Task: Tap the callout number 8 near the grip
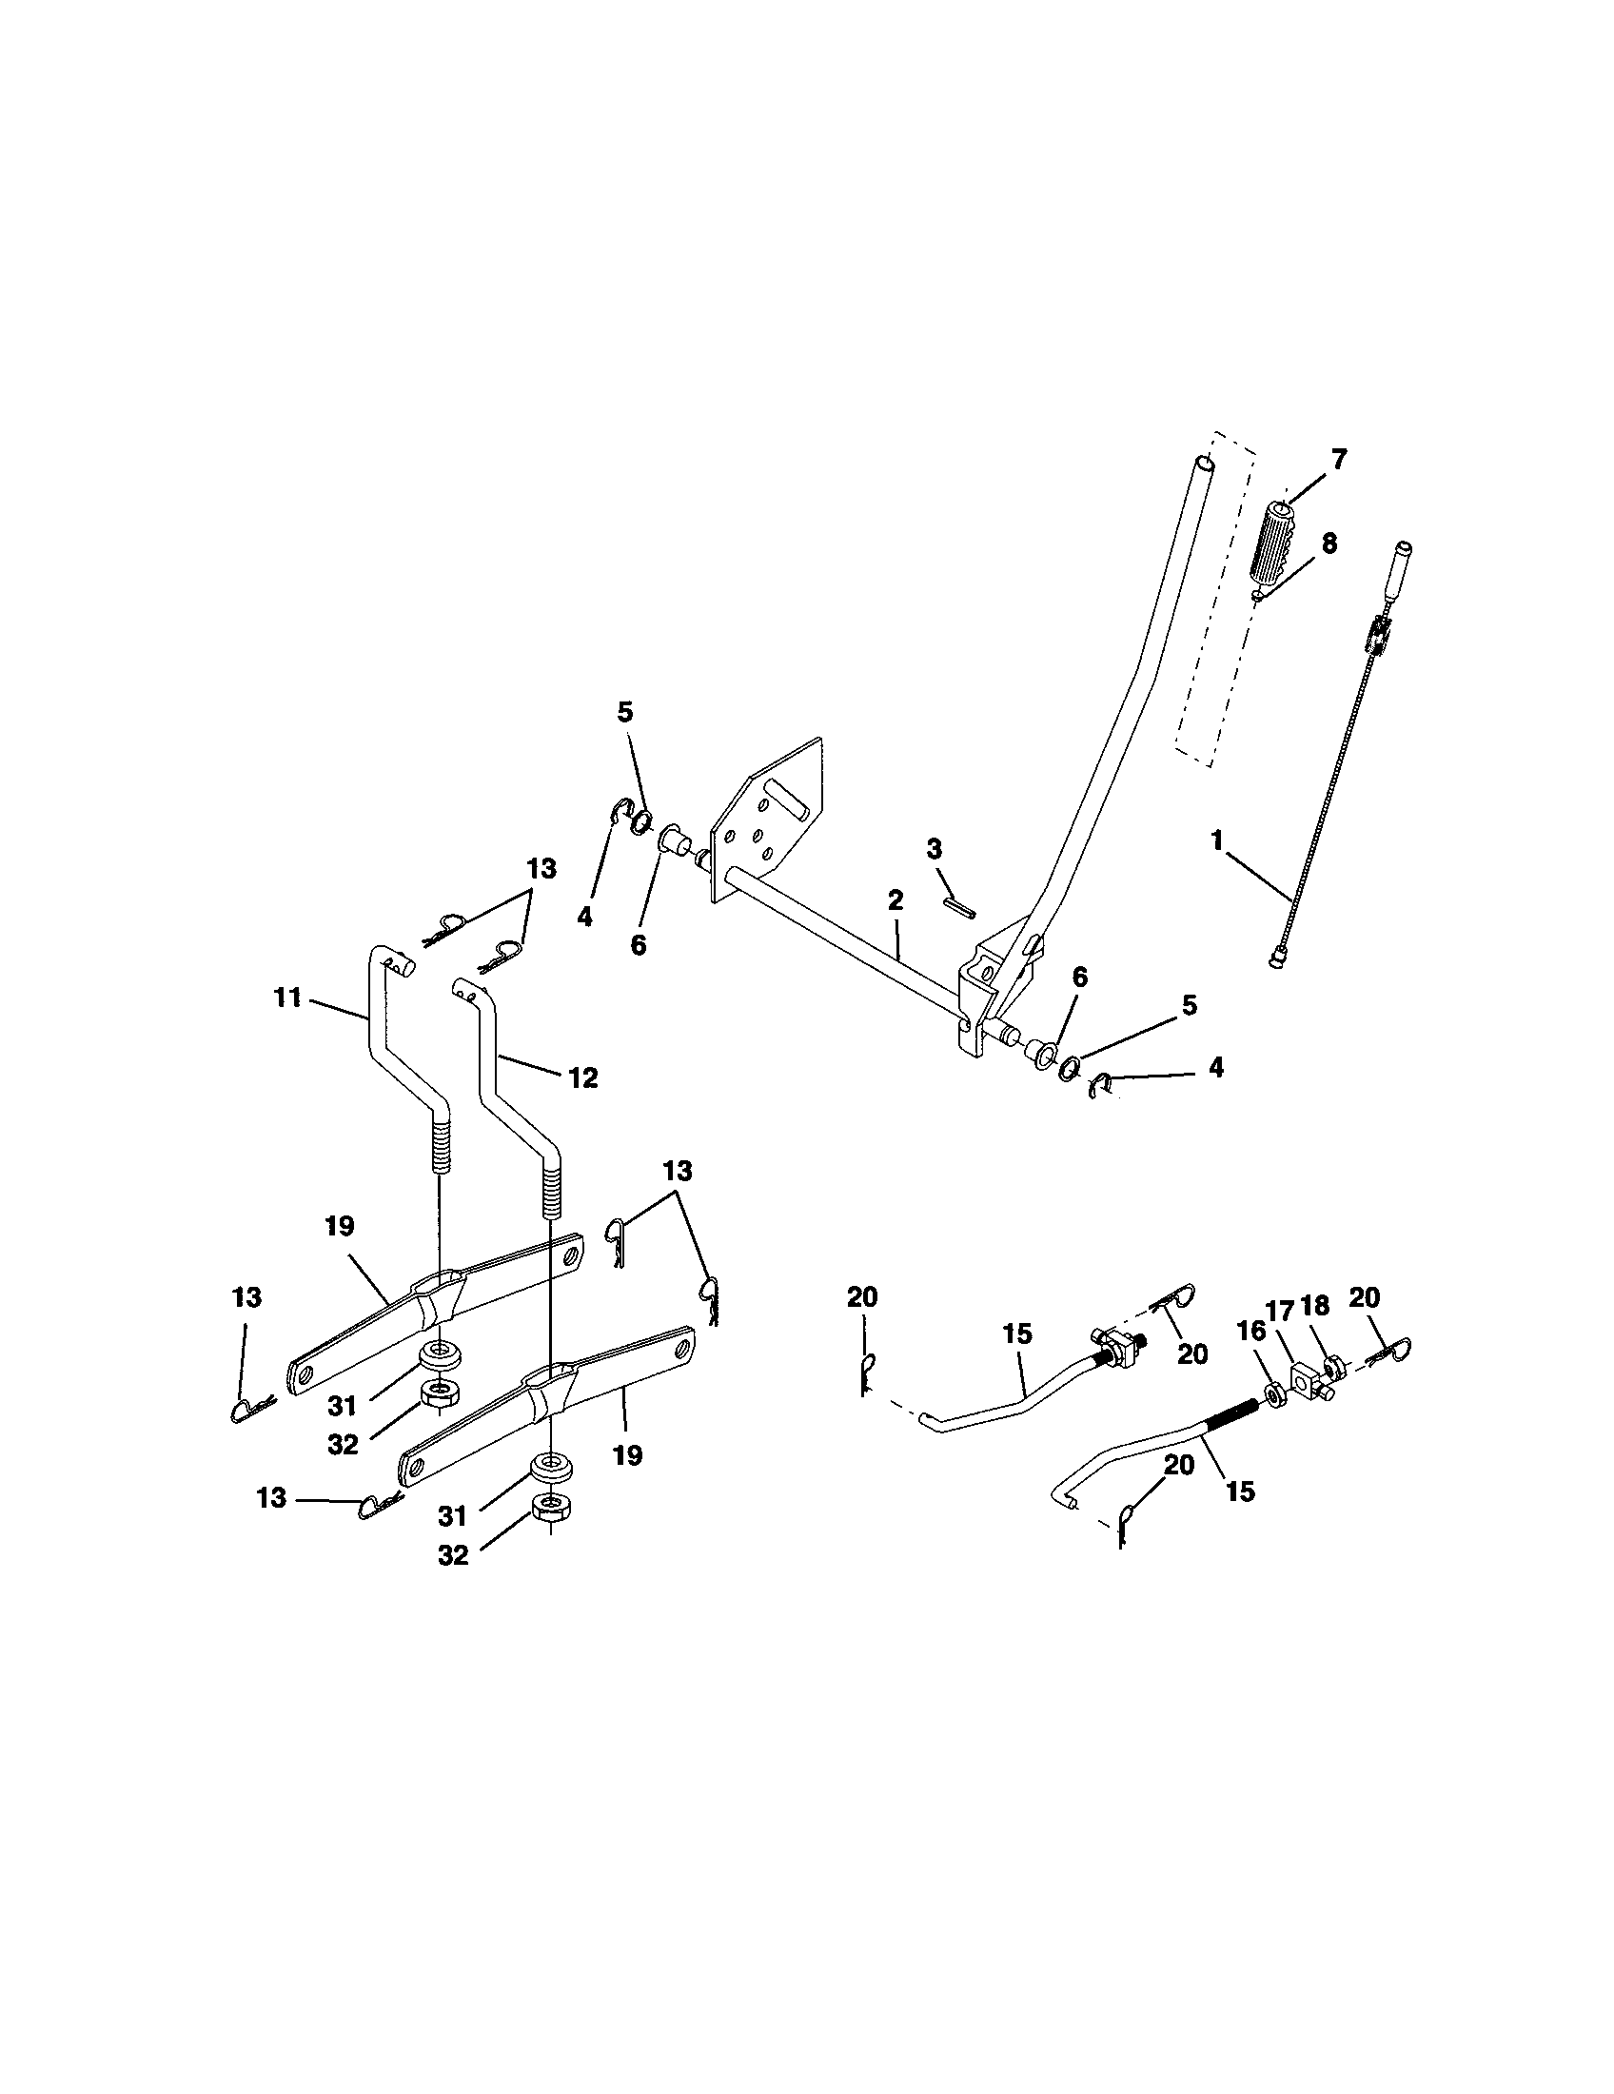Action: [1329, 543]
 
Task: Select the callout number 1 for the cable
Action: [1217, 840]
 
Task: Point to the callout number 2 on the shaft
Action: [896, 899]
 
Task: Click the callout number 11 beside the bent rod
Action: [286, 998]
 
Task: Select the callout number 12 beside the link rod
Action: [582, 1077]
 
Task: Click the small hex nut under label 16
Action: [1274, 1392]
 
